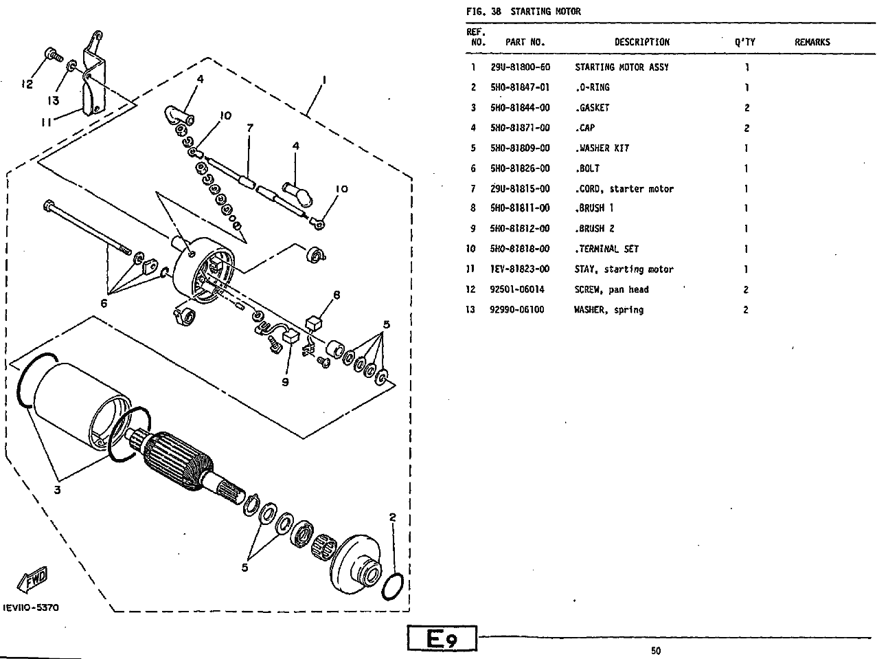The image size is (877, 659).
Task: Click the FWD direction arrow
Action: [x=32, y=579]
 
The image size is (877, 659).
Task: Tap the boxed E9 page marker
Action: [x=442, y=638]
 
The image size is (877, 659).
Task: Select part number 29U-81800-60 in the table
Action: [x=520, y=67]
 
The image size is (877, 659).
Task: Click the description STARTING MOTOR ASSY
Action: [x=622, y=67]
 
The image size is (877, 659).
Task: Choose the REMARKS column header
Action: [x=812, y=42]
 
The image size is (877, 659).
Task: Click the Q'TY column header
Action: [x=744, y=42]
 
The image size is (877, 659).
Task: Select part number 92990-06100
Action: [x=517, y=310]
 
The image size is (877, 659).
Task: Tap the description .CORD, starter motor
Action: [x=624, y=188]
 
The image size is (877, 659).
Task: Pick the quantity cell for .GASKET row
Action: [x=747, y=108]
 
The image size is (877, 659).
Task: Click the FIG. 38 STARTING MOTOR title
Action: [x=523, y=11]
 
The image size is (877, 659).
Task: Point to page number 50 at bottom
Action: [x=656, y=651]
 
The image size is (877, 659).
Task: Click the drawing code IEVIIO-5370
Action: [x=31, y=607]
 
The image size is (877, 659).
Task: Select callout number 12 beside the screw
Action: [x=27, y=85]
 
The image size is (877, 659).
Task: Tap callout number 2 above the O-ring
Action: [x=392, y=517]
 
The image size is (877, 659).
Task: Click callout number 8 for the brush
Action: [x=337, y=295]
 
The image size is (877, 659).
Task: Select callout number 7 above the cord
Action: [x=250, y=128]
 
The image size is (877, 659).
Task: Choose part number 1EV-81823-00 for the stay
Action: [x=520, y=269]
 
